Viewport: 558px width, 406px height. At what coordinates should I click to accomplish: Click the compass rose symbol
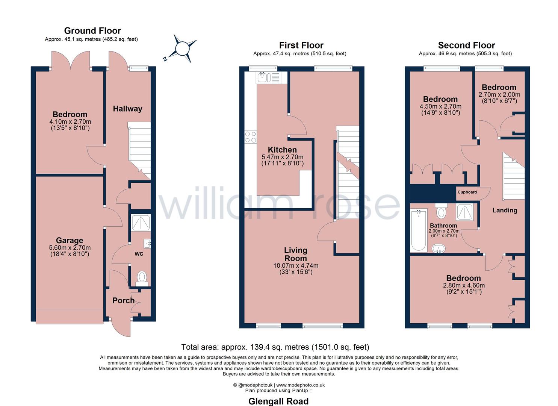(x=182, y=49)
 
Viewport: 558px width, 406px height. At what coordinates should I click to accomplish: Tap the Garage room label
(x=70, y=241)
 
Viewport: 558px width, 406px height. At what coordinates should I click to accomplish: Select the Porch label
(x=123, y=300)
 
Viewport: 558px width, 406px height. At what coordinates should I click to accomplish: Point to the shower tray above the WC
(x=141, y=223)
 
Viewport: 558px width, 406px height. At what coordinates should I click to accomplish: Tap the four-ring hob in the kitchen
(x=250, y=137)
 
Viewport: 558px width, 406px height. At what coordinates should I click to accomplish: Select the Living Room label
(x=295, y=255)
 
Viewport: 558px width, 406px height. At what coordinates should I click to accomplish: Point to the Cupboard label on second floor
(x=467, y=192)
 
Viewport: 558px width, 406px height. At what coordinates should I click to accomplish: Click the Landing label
(x=505, y=211)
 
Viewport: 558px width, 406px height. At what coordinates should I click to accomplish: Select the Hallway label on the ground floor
(x=127, y=109)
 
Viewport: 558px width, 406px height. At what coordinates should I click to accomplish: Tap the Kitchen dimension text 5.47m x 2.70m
(x=282, y=157)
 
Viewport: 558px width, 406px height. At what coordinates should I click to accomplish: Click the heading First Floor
(x=301, y=45)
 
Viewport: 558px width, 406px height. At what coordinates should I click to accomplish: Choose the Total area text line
(x=275, y=347)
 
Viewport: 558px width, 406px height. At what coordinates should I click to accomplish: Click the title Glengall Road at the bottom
(x=278, y=401)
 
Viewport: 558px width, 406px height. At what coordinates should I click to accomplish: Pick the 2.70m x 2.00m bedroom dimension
(x=499, y=95)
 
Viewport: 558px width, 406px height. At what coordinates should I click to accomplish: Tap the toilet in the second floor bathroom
(x=441, y=211)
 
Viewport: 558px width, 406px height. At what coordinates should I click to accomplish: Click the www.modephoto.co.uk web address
(x=300, y=385)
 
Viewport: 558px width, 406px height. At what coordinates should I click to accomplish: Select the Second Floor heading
(x=466, y=45)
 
